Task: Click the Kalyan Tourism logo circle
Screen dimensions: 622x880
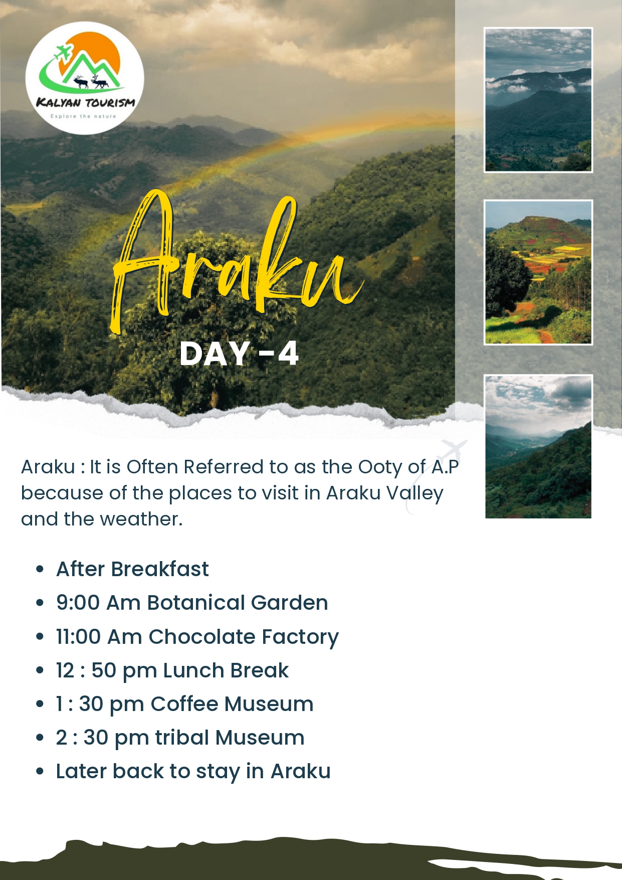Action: pos(85,78)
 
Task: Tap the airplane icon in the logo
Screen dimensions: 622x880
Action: pos(64,52)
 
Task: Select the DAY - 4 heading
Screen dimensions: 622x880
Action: pos(239,354)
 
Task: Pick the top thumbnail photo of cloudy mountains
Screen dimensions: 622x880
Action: pos(538,100)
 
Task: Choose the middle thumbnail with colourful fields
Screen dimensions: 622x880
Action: pos(538,272)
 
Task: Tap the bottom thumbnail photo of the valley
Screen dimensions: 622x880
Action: pos(538,446)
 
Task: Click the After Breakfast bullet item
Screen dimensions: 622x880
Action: pos(132,569)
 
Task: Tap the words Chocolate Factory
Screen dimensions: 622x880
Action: pos(244,637)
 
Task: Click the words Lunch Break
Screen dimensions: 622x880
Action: pos(226,670)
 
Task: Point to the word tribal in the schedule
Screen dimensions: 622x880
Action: pos(182,738)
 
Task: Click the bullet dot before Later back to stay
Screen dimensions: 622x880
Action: pos(40,772)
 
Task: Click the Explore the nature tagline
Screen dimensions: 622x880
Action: pos(83,116)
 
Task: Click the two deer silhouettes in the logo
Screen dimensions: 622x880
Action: pos(91,81)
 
